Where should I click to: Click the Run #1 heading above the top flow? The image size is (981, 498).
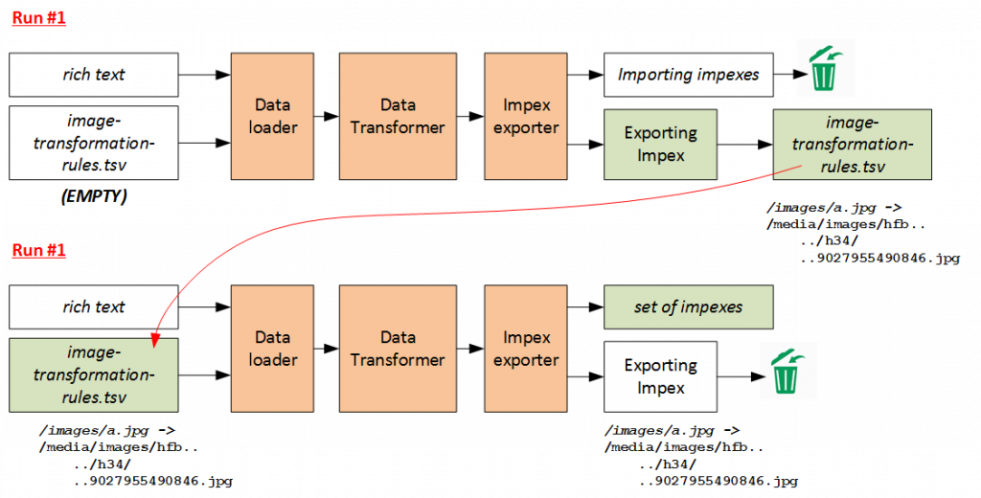click(39, 18)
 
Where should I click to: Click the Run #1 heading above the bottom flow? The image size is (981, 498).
click(39, 250)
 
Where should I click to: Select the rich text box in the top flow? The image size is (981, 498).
click(95, 75)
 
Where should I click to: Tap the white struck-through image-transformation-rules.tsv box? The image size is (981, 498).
click(95, 143)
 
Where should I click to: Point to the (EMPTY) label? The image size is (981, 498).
click(93, 198)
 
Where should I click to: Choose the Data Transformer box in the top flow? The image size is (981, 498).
click(398, 116)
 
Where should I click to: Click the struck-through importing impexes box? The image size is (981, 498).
click(689, 75)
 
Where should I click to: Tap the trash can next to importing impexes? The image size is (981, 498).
click(826, 68)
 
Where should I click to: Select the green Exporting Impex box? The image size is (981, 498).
click(660, 144)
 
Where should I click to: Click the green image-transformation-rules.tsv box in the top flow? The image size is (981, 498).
click(852, 145)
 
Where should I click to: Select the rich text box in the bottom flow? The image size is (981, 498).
click(95, 307)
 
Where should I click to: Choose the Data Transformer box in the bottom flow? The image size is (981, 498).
click(398, 349)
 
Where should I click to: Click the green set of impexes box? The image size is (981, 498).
click(689, 307)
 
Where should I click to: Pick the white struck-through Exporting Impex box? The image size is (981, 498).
click(660, 376)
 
